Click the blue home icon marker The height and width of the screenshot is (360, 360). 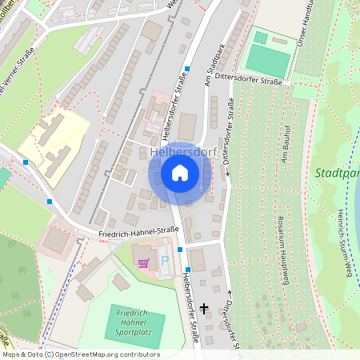(x=180, y=173)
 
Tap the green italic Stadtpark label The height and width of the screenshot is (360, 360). (x=336, y=173)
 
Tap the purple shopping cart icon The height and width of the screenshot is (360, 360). (x=143, y=262)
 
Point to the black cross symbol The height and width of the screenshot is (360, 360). (x=204, y=307)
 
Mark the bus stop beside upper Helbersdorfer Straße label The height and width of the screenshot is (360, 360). (x=187, y=69)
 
